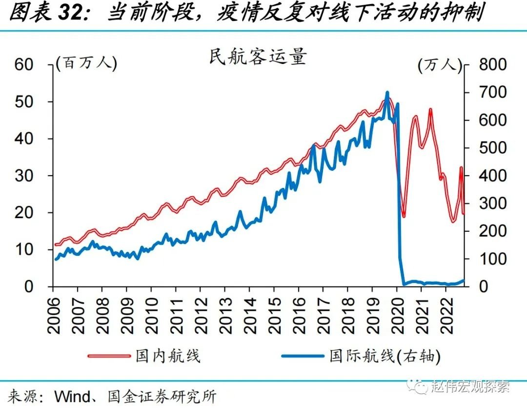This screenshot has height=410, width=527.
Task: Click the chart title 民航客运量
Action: (257, 58)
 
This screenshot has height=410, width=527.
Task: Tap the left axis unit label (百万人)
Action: (86, 63)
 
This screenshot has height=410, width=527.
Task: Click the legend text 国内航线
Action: (166, 356)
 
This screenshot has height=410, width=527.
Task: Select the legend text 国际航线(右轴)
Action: (385, 356)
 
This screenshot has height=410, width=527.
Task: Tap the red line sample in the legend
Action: (109, 356)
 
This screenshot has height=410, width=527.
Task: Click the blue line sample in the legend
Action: (303, 356)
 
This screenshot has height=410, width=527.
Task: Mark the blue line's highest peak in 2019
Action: (387, 92)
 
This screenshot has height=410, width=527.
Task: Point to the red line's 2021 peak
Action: (430, 110)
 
